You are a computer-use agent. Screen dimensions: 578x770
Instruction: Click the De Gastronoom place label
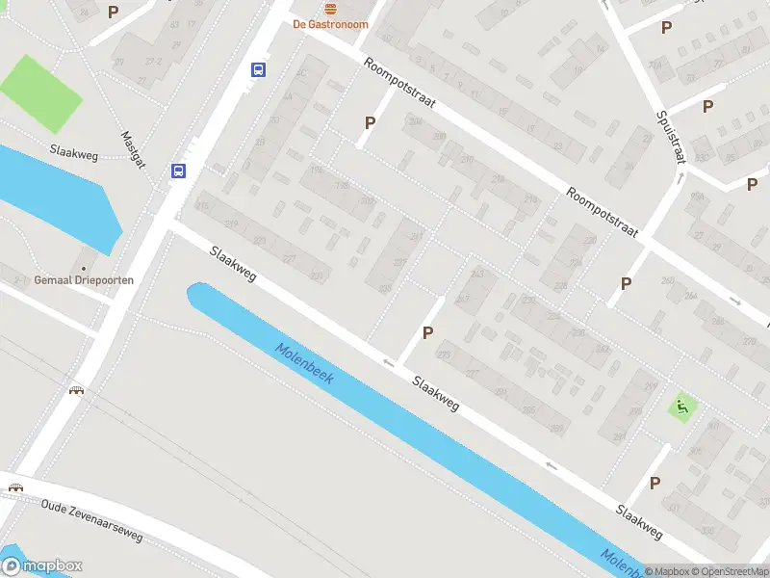(x=331, y=24)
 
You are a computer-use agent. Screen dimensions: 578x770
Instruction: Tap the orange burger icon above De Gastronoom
(x=331, y=8)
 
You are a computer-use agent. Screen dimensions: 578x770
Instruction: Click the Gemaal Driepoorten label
(x=84, y=279)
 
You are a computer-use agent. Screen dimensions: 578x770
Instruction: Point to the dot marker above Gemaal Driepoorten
(x=84, y=267)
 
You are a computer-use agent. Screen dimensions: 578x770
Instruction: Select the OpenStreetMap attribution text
(x=727, y=571)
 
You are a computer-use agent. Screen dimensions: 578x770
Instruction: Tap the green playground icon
(x=683, y=407)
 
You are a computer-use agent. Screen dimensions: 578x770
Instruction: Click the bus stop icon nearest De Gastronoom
(x=259, y=69)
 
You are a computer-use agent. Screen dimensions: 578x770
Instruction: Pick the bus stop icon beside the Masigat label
(x=178, y=171)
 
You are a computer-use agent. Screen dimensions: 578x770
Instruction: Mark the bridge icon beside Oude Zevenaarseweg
(x=15, y=487)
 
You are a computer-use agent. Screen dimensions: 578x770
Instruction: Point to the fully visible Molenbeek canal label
(x=303, y=364)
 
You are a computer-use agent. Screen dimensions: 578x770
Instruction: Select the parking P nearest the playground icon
(x=655, y=483)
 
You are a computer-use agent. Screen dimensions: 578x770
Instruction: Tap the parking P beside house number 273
(x=427, y=332)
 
